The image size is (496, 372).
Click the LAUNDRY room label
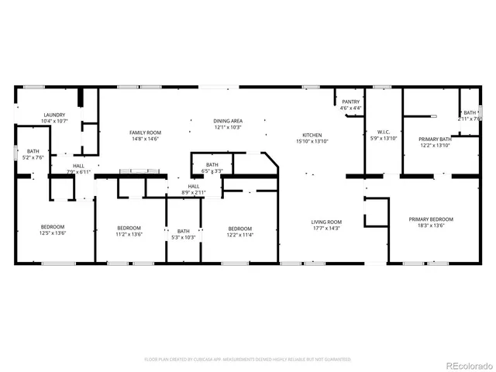(54, 115)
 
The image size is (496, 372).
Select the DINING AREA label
(228, 121)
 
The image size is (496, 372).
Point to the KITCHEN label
(312, 135)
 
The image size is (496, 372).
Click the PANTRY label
(350, 102)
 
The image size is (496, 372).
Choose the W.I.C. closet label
(382, 132)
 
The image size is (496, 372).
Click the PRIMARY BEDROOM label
(431, 219)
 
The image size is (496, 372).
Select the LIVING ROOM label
(326, 222)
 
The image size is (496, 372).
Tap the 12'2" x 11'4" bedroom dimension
(239, 234)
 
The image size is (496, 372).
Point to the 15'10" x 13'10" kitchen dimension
(312, 141)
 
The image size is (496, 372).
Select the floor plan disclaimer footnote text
(247, 360)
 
